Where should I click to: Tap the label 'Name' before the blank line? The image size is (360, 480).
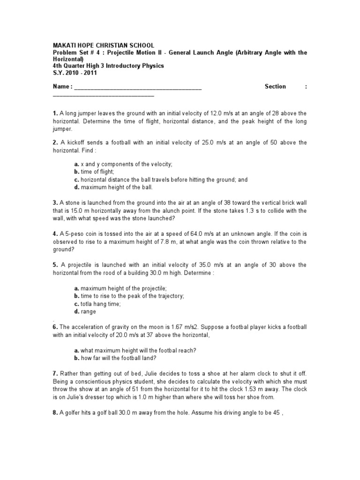pyautogui.click(x=60, y=87)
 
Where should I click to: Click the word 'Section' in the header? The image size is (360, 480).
pyautogui.click(x=275, y=87)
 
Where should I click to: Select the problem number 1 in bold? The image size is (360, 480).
pyautogui.click(x=55, y=113)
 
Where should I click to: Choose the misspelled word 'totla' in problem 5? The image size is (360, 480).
pyautogui.click(x=87, y=304)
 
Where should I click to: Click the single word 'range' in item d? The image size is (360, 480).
pyautogui.click(x=88, y=312)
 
